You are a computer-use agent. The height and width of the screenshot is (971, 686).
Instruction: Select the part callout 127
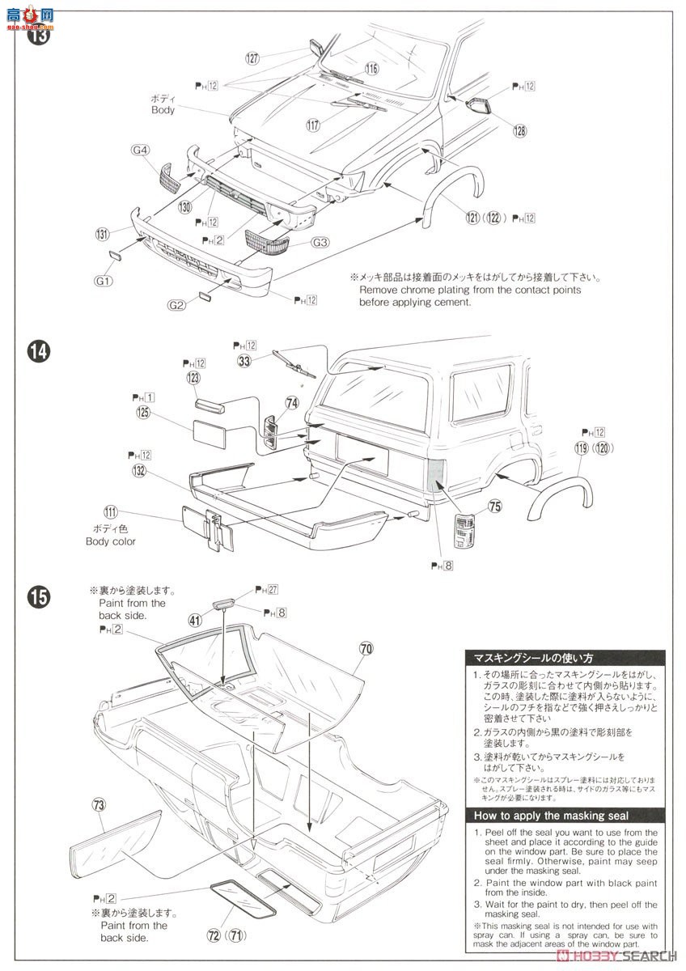(x=252, y=58)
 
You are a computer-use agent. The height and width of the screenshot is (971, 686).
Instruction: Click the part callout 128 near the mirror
(x=518, y=130)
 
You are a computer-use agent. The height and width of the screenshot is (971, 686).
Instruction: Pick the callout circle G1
(x=104, y=281)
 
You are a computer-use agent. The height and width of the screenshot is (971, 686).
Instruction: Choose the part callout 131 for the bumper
(x=101, y=235)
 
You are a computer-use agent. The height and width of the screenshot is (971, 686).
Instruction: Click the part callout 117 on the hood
(x=314, y=125)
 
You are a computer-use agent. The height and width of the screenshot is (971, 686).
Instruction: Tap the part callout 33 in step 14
(x=244, y=361)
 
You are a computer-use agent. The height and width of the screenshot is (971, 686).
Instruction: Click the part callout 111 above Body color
(x=111, y=511)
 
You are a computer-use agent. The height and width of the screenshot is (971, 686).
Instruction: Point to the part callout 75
(x=494, y=507)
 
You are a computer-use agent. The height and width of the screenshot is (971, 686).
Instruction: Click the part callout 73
(x=99, y=804)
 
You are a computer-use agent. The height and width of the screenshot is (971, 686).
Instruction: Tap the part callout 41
(x=195, y=621)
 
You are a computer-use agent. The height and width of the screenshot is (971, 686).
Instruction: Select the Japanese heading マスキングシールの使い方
(x=534, y=658)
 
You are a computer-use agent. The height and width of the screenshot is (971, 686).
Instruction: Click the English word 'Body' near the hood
(x=163, y=110)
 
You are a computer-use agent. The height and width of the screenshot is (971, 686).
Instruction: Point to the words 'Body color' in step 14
(x=111, y=541)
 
